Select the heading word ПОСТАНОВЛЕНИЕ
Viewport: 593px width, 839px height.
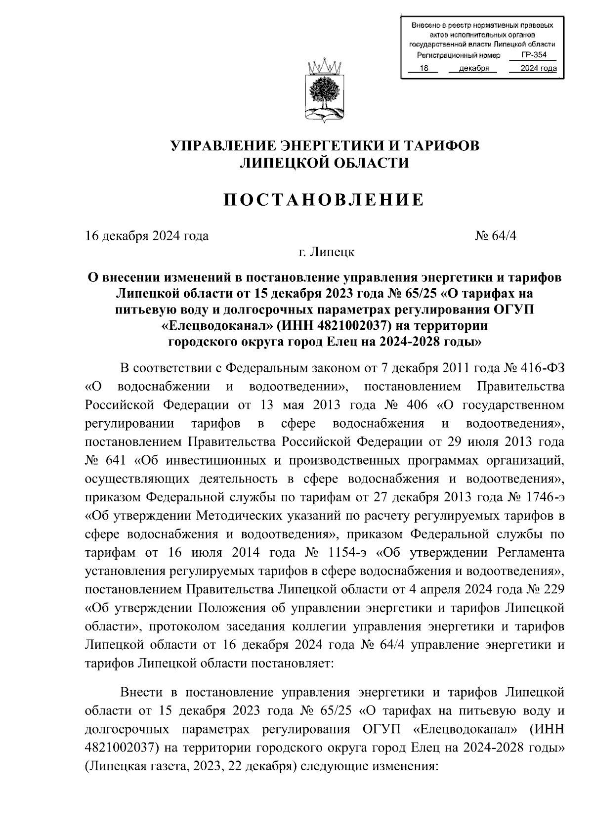325,200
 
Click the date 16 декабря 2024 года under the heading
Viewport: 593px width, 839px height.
147,235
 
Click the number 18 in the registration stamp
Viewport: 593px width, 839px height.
424,69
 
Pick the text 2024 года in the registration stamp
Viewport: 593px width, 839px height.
535,69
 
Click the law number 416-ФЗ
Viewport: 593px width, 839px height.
542,369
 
